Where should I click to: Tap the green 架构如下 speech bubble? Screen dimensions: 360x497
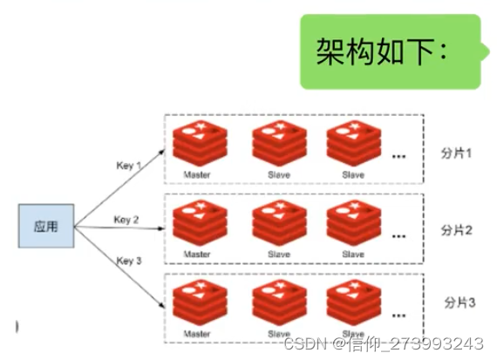[x=389, y=51]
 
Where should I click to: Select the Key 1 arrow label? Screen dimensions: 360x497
[x=128, y=165]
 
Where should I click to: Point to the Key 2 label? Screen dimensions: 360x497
[x=126, y=220]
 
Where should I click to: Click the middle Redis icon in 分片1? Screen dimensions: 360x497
[x=278, y=145]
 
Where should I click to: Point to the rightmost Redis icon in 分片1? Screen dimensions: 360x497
[x=353, y=145]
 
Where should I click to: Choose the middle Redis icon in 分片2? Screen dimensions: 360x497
[x=278, y=223]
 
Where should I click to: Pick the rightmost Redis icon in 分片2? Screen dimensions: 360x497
[x=353, y=223]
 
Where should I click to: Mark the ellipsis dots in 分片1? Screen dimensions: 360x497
[x=399, y=157]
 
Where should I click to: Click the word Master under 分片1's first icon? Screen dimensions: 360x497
[x=197, y=174]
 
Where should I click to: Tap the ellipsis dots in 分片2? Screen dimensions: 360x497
[x=399, y=235]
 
